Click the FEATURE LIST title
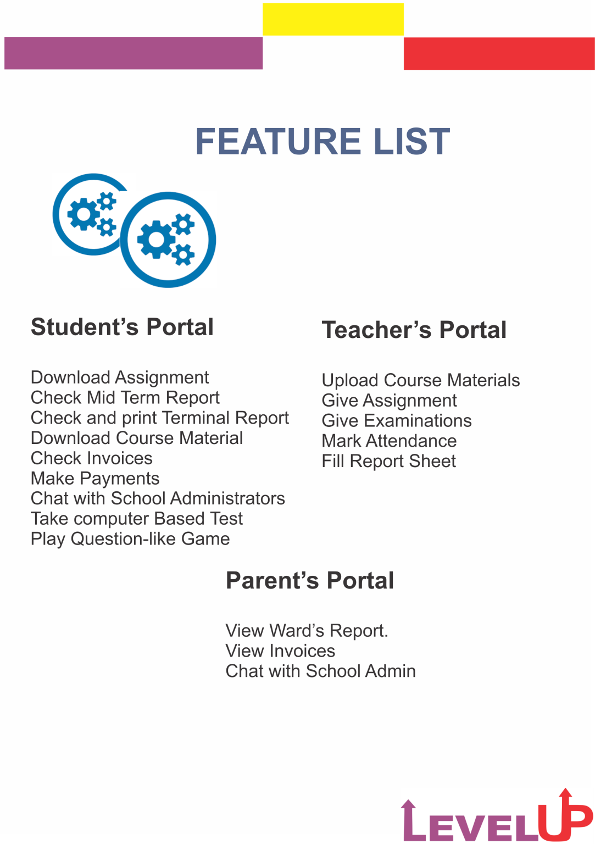pos(322,141)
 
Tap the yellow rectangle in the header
pos(333,19)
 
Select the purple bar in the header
pos(133,53)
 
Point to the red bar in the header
pos(498,53)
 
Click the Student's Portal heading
pos(122,327)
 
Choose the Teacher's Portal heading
pos(414,330)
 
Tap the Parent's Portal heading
pos(310,580)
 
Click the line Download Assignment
pos(120,377)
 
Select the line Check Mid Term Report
pos(125,398)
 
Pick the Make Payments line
pos(95,479)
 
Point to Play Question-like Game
pos(130,539)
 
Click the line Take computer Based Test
pos(137,519)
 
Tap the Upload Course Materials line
pos(421,380)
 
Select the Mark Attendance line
pos(389,441)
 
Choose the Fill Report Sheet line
pos(389,461)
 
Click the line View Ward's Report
pos(307,631)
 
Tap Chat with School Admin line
pos(320,671)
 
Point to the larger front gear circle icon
pos(168,240)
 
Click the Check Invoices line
pos(92,458)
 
